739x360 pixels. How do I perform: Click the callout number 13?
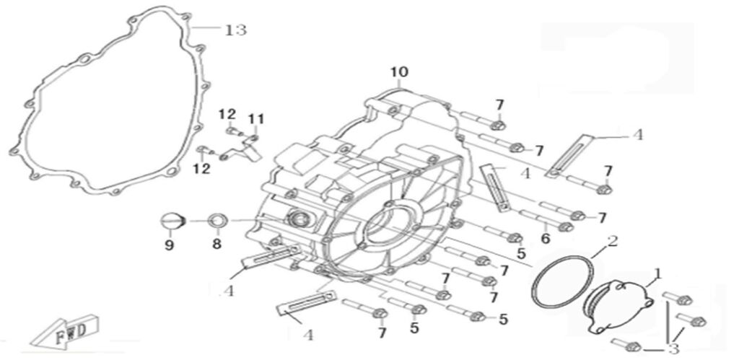(236, 30)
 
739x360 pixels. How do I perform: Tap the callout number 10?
(399, 72)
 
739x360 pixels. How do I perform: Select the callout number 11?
(256, 119)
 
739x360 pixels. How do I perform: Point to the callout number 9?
(169, 245)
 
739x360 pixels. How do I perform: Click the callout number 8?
(217, 244)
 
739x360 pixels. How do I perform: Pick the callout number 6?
(546, 239)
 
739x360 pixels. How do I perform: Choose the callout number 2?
(612, 241)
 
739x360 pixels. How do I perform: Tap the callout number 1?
(658, 273)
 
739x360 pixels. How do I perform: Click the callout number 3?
(673, 349)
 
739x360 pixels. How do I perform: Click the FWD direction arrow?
(64, 330)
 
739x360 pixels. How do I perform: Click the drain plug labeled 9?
(173, 221)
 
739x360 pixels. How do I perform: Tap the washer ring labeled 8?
(218, 220)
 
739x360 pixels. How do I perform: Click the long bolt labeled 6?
(546, 221)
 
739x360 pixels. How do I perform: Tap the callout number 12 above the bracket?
(227, 114)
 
